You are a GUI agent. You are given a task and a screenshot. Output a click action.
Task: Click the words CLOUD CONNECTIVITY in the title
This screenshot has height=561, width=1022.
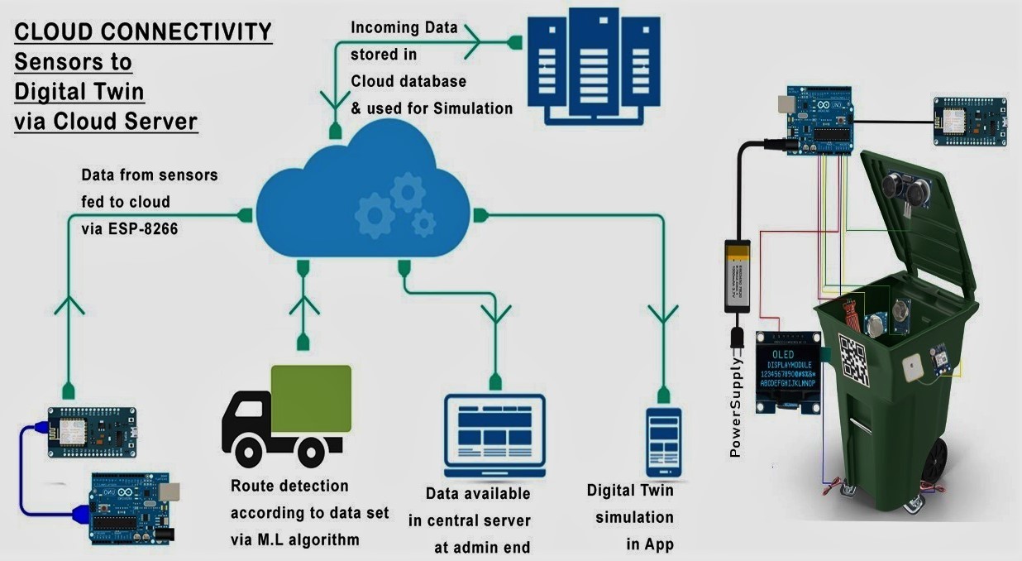[x=143, y=32]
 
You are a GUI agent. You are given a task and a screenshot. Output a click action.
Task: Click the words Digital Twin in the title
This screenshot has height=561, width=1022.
[x=79, y=92]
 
